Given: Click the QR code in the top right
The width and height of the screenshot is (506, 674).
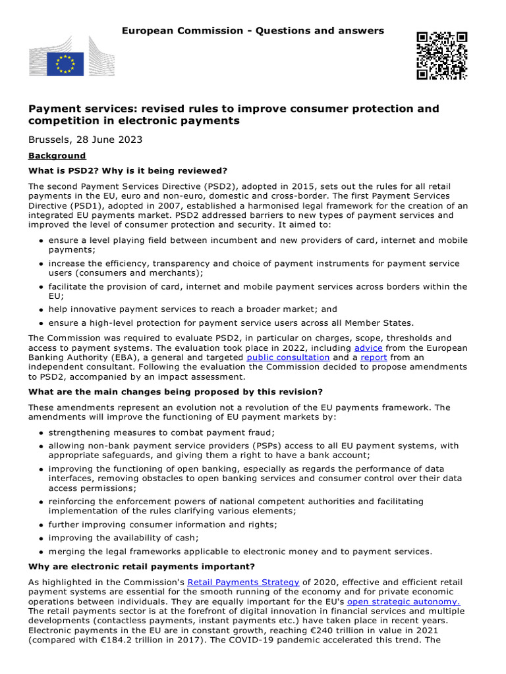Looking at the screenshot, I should pos(441,55).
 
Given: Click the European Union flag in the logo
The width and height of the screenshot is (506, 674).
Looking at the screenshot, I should pos(65,64).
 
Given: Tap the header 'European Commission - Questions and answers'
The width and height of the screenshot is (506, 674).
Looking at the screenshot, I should pos(253,31).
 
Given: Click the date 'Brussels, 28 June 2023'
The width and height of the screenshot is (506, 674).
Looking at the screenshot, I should pos(85,140).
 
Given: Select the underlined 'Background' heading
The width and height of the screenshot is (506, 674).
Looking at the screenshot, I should pos(57,156).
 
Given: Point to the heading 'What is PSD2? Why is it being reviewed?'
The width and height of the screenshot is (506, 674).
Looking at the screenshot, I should pos(128,170).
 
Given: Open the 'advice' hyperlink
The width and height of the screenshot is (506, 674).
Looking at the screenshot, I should pos(368,348).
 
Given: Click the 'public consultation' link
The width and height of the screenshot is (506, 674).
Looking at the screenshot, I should pos(288,357).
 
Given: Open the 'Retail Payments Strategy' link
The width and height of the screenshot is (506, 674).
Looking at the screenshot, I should pos(243,583).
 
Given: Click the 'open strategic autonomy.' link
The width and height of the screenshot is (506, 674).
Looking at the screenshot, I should pos(403,602).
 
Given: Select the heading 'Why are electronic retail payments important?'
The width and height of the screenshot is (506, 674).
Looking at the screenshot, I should pos(142,567).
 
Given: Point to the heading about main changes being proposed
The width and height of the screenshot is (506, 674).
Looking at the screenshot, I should pos(175,392).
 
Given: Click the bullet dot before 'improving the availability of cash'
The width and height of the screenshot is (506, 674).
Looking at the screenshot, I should pos(41,538).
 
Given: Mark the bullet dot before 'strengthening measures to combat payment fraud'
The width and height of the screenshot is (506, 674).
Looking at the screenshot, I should pos(41,432).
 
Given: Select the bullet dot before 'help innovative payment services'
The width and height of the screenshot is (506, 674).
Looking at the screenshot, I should pos(41,309).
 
